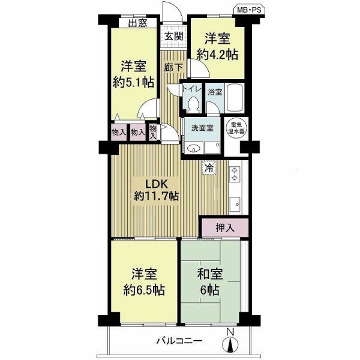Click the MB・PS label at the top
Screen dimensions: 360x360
pos(249,10)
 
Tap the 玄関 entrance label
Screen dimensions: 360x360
pos(174,37)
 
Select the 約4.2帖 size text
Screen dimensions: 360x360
pos(217,55)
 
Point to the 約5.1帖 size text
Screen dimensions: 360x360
pos(134,82)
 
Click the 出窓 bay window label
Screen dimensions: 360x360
pos(137,23)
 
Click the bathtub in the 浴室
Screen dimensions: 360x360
pos(235,98)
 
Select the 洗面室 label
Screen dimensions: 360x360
pos(202,128)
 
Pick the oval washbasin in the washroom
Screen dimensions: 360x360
pos(194,149)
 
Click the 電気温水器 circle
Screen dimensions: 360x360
pos(236,128)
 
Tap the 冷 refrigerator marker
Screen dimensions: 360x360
pos(209,168)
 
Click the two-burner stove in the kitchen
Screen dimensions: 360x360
pos(235,174)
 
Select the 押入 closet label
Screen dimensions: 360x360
pos(225,228)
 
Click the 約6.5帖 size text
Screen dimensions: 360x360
pos(144,290)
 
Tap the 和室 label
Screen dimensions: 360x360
pos(210,274)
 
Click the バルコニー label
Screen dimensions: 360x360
pos(179,341)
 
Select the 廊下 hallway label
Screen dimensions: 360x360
pos(173,67)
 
